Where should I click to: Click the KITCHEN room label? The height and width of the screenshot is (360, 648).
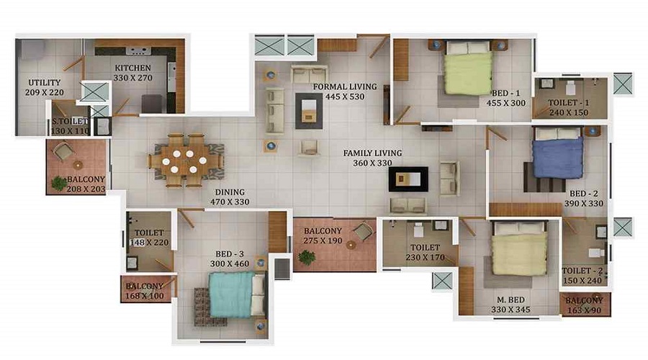coord(132,68)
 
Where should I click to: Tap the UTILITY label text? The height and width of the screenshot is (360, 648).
coord(44,83)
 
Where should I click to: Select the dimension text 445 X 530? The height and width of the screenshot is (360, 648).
coord(345,96)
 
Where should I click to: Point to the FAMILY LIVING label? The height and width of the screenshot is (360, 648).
coord(372,153)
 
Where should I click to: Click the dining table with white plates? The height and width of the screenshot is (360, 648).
coord(186,160)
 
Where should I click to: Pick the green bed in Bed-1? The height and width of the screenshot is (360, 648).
coord(468,68)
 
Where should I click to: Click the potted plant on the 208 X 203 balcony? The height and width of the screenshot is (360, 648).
coord(59,184)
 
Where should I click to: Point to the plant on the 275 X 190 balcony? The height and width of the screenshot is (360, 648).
coord(307,258)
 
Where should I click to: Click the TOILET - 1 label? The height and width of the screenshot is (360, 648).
coord(569,102)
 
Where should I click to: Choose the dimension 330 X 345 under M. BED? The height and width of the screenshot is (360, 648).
coord(510,310)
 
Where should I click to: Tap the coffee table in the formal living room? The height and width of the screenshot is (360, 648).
coord(309,111)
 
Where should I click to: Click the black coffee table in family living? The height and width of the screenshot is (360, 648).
coord(408,179)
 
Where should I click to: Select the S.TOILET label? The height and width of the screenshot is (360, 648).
coord(70,122)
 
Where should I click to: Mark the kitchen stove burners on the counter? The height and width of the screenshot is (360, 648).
coord(138,51)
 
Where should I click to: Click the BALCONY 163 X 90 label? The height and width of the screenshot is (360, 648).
coord(584,305)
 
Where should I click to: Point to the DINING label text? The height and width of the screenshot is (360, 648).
coord(230,192)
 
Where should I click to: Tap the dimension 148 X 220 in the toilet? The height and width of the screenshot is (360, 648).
coord(149,243)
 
